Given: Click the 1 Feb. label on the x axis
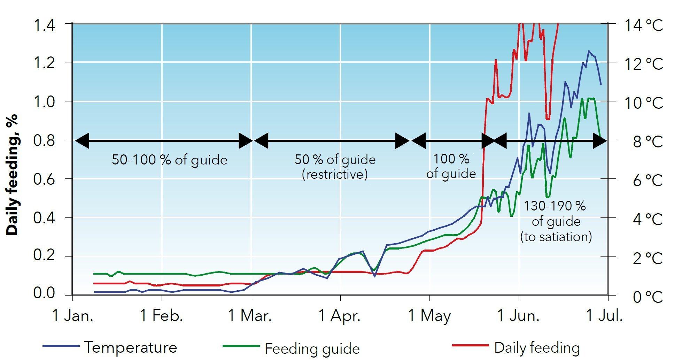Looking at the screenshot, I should coord(161,316).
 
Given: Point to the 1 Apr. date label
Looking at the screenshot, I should coord(340,316).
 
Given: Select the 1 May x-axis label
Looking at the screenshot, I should coord(429,316).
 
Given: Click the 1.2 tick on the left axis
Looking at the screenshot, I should coord(43,63).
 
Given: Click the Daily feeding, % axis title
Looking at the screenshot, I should coord(13,174).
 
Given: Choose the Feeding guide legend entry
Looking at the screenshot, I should coord(312,348).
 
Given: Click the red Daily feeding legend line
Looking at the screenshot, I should coord(470,345).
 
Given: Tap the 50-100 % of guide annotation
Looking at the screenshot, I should coord(170,160).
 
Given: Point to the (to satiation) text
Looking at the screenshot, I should coord(556,237).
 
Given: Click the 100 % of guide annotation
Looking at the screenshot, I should coord(451,166).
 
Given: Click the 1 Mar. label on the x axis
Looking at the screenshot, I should coord(250,316).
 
